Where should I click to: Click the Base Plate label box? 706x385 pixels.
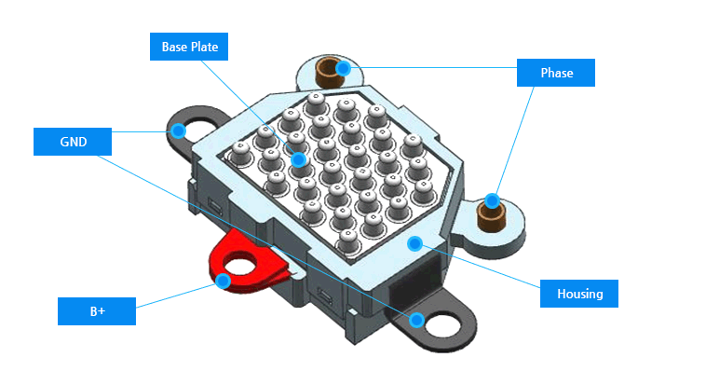click(189, 47)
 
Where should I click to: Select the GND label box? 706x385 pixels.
click(73, 142)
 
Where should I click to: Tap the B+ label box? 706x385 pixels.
click(97, 310)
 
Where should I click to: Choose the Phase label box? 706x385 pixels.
click(556, 73)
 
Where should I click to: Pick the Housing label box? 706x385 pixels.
click(579, 294)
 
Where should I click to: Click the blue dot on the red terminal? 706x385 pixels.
click(223, 280)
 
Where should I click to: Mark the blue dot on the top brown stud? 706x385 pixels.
click(343, 67)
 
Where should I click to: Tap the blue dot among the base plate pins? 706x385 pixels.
click(298, 159)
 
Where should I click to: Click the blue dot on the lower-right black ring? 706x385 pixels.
click(417, 320)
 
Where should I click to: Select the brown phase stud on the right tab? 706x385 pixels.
click(491, 219)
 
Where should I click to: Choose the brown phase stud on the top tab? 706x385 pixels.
click(329, 73)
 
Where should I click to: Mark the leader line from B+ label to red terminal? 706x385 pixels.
click(177, 295)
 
